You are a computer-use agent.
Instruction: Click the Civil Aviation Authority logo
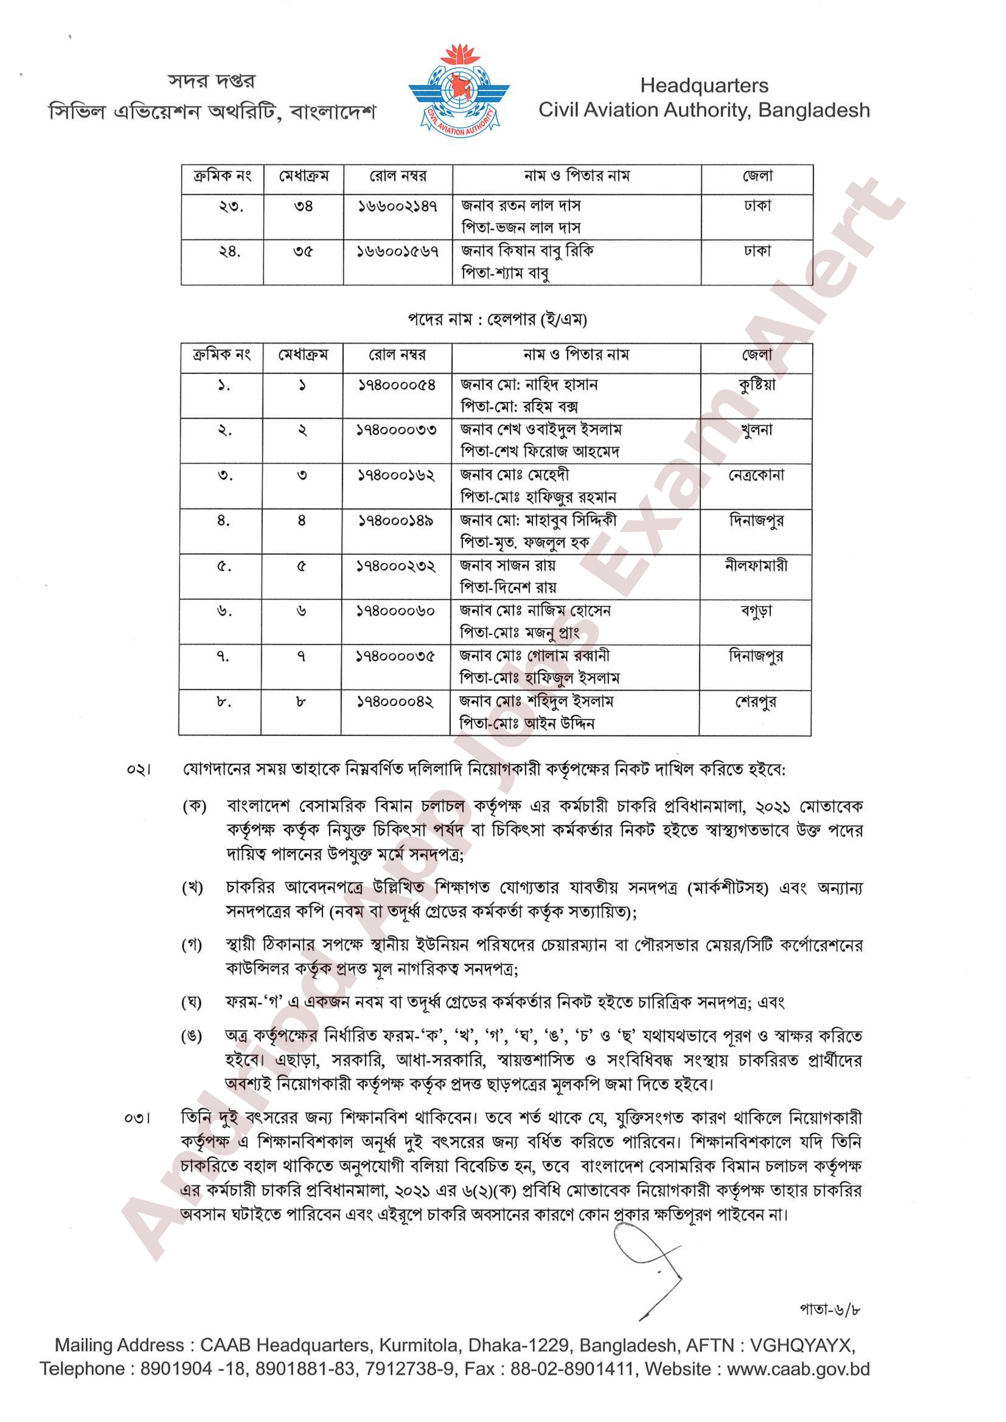(x=459, y=92)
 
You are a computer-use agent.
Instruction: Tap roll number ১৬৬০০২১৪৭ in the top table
(x=398, y=206)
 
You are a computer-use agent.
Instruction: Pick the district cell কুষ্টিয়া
(x=756, y=385)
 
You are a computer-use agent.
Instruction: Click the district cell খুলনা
(x=756, y=430)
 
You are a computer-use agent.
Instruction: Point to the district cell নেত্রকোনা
(x=756, y=475)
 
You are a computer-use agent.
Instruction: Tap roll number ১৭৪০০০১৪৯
(x=397, y=521)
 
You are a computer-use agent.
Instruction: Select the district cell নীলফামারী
(x=756, y=565)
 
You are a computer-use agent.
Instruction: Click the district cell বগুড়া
(x=756, y=611)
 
